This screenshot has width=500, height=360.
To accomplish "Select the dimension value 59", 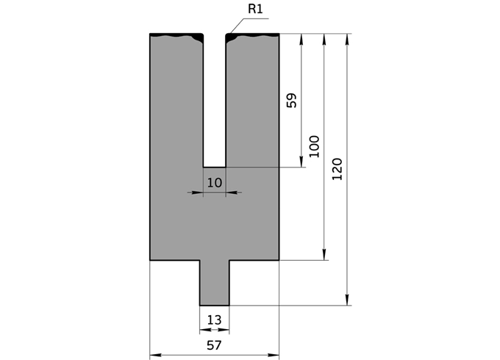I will (x=291, y=101).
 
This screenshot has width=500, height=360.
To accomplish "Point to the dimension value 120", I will (x=337, y=170).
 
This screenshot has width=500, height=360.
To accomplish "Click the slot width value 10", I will (x=214, y=181).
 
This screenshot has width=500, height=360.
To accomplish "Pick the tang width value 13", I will (x=214, y=320).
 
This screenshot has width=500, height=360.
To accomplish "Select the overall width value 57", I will (x=214, y=345).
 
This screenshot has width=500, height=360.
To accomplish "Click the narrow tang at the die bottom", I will (x=214, y=283).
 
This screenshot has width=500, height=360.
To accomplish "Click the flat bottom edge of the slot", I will (x=214, y=167).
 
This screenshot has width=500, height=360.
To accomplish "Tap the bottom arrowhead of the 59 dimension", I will (x=301, y=162).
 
